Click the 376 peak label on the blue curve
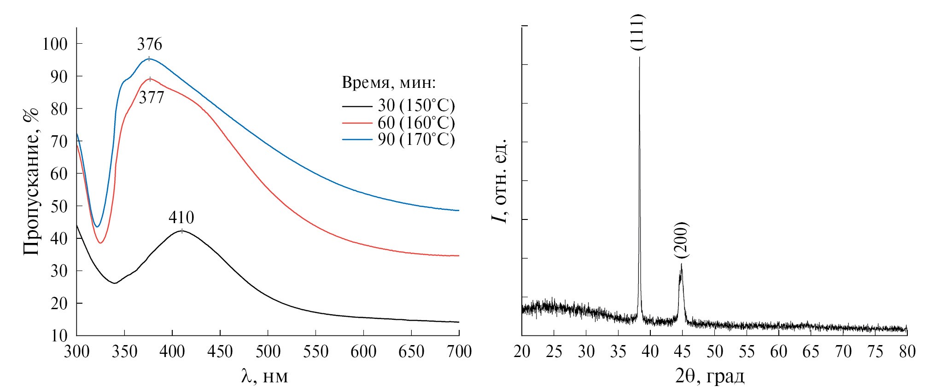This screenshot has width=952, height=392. pos(150,45)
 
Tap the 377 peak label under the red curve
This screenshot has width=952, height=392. pos(152,98)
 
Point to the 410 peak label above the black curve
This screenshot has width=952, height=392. pos(181,217)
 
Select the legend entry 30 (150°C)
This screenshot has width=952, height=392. pos(416,106)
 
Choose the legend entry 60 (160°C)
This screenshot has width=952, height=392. pos(416,123)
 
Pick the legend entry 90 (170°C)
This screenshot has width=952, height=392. pos(416,139)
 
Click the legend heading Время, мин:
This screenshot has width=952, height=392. pos(389,83)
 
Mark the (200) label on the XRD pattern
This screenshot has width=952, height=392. pos(681,240)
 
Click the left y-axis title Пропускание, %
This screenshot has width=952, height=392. pos(31,182)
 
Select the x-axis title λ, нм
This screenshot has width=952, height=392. pos(265,377)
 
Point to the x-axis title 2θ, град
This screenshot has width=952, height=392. pos(710,377)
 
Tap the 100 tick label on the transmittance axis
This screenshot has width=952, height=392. pos(55,44)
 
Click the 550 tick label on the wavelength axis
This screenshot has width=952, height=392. pos(316,352)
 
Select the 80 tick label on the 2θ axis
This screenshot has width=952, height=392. pos(907,352)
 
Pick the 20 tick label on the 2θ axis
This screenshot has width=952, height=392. pos(522,352)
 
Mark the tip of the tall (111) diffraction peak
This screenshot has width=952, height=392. pos(639,58)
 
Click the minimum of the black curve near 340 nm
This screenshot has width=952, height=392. pos(114,283)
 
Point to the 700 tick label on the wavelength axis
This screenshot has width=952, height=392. pos(459,352)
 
